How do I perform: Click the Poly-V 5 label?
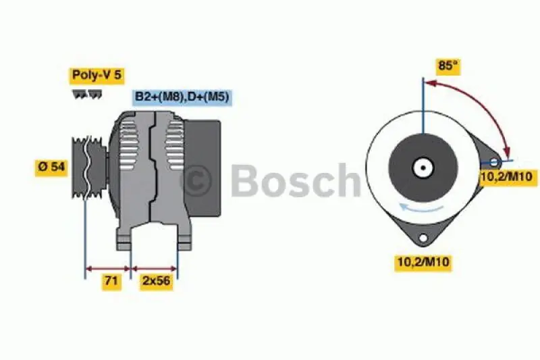tap(97, 74)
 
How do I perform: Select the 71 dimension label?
tap(111, 281)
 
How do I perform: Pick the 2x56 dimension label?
tap(155, 281)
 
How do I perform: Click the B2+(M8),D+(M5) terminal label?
tap(182, 97)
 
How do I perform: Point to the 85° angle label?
tap(446, 67)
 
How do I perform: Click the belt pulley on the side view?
tap(88, 166)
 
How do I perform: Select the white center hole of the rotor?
tap(423, 168)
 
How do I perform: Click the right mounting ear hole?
tap(494, 162)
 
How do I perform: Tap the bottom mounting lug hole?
tap(423, 238)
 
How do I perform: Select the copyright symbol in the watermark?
tap(196, 180)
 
